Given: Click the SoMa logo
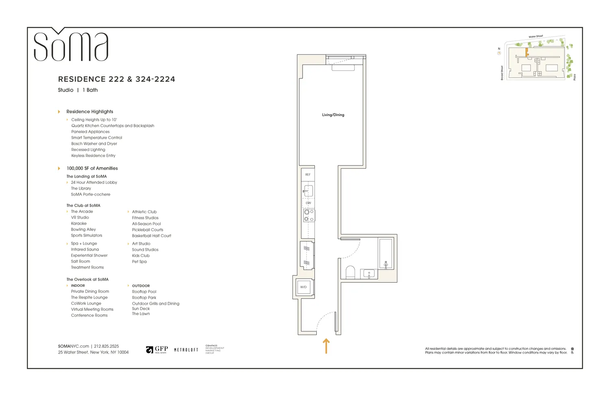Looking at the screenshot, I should pos(71,46).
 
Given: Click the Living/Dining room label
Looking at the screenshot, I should pos(333,115).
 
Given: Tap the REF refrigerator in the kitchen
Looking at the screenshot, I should pos(308,175).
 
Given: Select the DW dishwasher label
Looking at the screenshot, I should pos(308,203).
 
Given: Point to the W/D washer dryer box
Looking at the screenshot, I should pos(304,287).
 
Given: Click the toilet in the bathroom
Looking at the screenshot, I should pos(350,272).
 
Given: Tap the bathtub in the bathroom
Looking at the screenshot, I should pos(386,253).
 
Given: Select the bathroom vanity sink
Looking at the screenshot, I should pos(369,274).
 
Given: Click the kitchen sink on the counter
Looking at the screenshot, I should pos(308,191).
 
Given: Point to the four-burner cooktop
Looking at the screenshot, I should pos(309,216).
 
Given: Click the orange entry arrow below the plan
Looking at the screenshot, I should pos(326,346).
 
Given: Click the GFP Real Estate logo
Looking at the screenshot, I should pos(157,350).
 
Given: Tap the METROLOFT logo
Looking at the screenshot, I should pos(186,350).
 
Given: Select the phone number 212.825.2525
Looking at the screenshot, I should pos(107,346).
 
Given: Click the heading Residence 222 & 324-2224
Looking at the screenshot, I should pos(117,79).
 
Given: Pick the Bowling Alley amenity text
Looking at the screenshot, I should pos(83,229).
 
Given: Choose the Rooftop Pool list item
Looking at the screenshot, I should pos(144,292).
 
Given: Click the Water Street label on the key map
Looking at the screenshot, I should pos(536,37).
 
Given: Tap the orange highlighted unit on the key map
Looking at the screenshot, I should pos(527,52).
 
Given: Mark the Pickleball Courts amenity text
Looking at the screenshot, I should pos(148,230).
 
